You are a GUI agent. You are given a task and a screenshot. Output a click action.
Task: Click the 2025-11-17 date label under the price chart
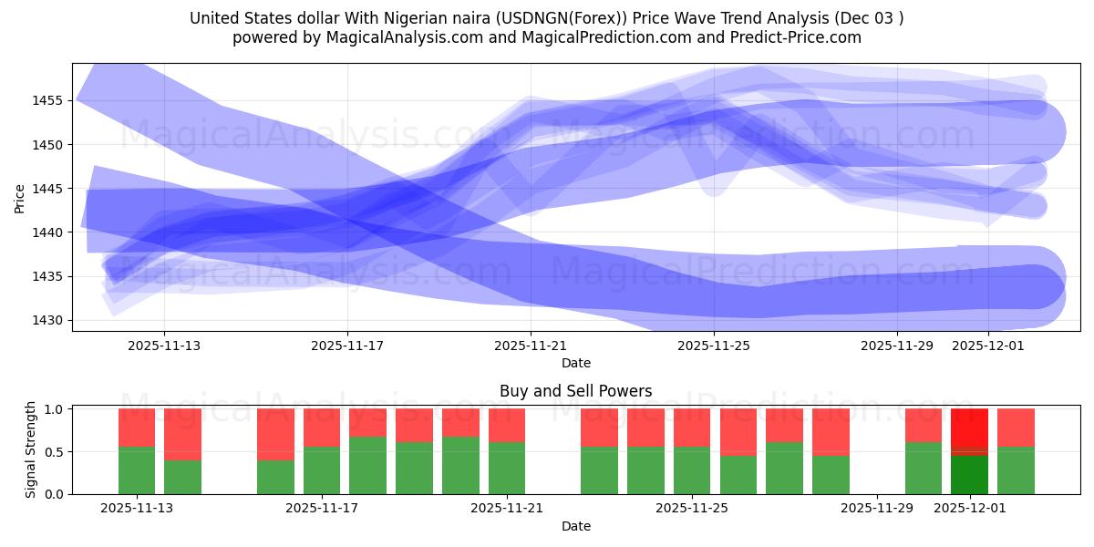(x=347, y=346)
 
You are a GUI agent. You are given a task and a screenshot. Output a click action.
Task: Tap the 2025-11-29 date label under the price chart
(x=897, y=346)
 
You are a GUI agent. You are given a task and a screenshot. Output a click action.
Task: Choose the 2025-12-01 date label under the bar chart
(x=969, y=509)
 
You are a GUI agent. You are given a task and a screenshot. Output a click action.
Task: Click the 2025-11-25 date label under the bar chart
(x=692, y=509)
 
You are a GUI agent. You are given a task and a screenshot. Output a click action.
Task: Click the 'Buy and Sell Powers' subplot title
(x=575, y=391)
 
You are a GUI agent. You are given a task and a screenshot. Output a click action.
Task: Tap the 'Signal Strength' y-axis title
(x=31, y=449)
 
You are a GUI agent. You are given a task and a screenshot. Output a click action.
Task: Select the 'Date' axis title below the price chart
(x=575, y=363)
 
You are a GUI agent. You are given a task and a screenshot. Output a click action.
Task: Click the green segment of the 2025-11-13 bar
(x=137, y=470)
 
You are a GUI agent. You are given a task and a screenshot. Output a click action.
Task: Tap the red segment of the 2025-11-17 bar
(x=322, y=428)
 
